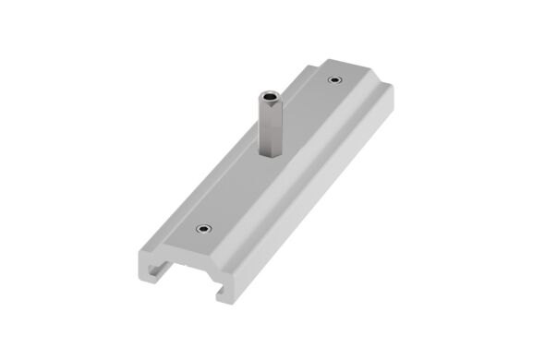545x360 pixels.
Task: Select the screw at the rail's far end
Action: coord(334,79)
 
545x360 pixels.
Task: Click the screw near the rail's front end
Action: coord(201,226)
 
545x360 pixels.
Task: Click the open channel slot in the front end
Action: coord(185,278)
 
